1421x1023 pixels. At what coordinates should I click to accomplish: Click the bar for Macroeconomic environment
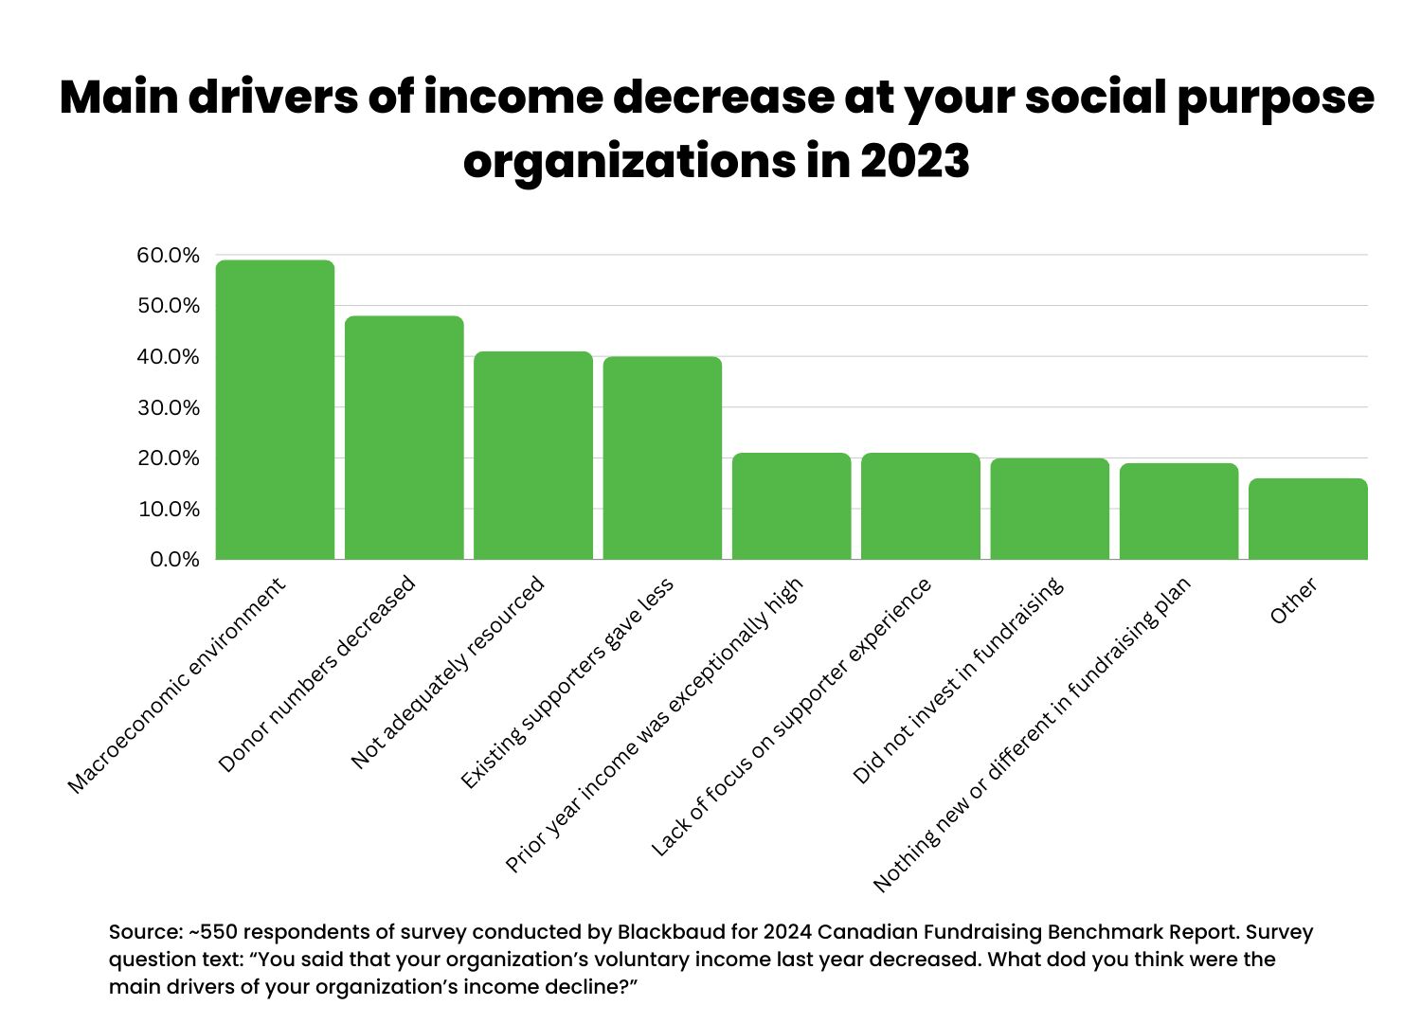[275, 409]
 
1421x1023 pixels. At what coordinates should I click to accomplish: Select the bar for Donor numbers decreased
[404, 438]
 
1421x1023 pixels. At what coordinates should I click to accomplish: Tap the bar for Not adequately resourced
[533, 456]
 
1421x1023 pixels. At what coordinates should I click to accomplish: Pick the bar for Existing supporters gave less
[662, 458]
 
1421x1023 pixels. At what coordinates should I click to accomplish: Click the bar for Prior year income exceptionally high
[791, 506]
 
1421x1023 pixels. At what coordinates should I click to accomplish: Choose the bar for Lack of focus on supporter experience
[921, 506]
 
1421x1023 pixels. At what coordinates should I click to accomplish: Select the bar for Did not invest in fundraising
[1050, 509]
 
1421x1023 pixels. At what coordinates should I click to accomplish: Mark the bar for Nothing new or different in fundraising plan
[1178, 511]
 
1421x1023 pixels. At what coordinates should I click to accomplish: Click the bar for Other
[1308, 519]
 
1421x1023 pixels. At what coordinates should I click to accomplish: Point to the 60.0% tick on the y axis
[169, 256]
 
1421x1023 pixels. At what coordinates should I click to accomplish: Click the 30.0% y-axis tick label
[169, 408]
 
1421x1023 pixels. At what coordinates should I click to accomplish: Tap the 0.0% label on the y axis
[174, 560]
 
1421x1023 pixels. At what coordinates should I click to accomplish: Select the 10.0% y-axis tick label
[169, 510]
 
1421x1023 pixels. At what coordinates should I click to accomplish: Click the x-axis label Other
[1293, 601]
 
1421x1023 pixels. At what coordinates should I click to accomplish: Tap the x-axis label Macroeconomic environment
[177, 687]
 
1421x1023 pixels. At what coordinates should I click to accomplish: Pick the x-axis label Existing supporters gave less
[567, 683]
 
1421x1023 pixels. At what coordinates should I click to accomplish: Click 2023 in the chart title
[914, 161]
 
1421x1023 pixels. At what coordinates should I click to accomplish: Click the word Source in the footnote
[144, 931]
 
